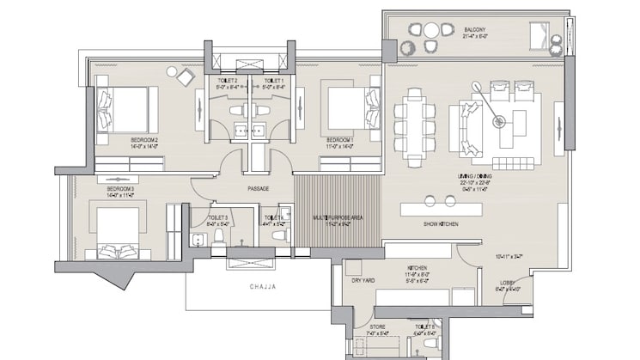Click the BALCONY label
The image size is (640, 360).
point(475,29)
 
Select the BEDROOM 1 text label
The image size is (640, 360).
point(339,138)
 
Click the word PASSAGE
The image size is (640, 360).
point(259,188)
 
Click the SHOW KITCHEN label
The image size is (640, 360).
point(440,224)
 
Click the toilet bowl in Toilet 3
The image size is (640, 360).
point(217,235)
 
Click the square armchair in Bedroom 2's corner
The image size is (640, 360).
point(186,76)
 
